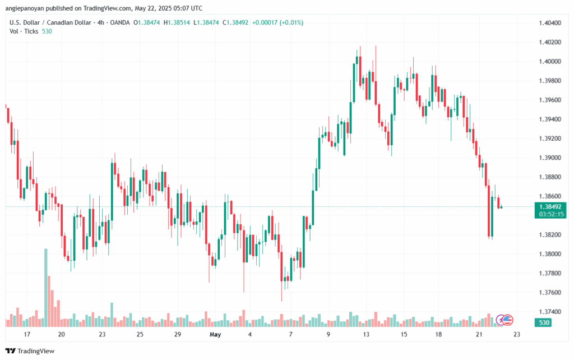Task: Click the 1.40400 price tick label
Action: point(549,23)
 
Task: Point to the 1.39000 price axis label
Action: point(549,158)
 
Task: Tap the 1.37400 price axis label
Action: point(549,311)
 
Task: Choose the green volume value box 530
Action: point(543,322)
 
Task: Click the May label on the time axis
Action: point(215,334)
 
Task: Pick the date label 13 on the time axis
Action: point(366,334)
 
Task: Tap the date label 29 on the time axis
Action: point(177,334)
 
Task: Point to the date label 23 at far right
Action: point(517,334)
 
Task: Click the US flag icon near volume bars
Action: point(507,320)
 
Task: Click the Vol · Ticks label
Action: point(22,31)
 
